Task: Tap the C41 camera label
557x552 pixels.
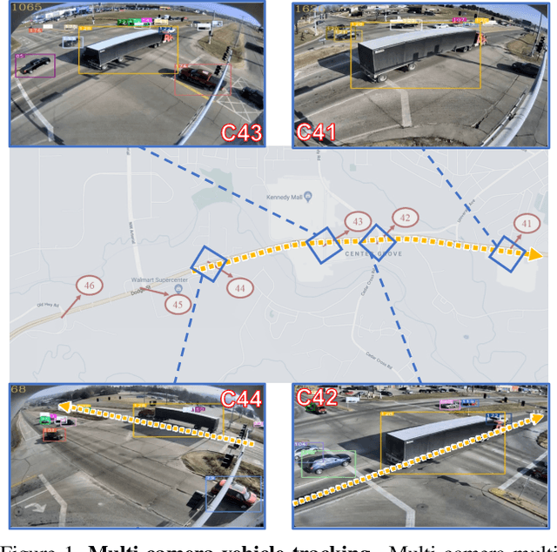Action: (x=316, y=132)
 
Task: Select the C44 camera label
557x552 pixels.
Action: (x=239, y=400)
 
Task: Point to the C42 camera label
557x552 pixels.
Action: (x=316, y=400)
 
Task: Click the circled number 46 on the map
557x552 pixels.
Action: (x=89, y=286)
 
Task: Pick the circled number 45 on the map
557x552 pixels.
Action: (x=178, y=304)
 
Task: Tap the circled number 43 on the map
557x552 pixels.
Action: (x=358, y=222)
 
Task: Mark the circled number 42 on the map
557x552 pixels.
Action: (x=404, y=217)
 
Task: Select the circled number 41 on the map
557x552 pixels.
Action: (x=525, y=224)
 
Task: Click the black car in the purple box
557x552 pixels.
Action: (x=36, y=65)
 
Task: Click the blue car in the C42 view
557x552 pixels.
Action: (x=324, y=465)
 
